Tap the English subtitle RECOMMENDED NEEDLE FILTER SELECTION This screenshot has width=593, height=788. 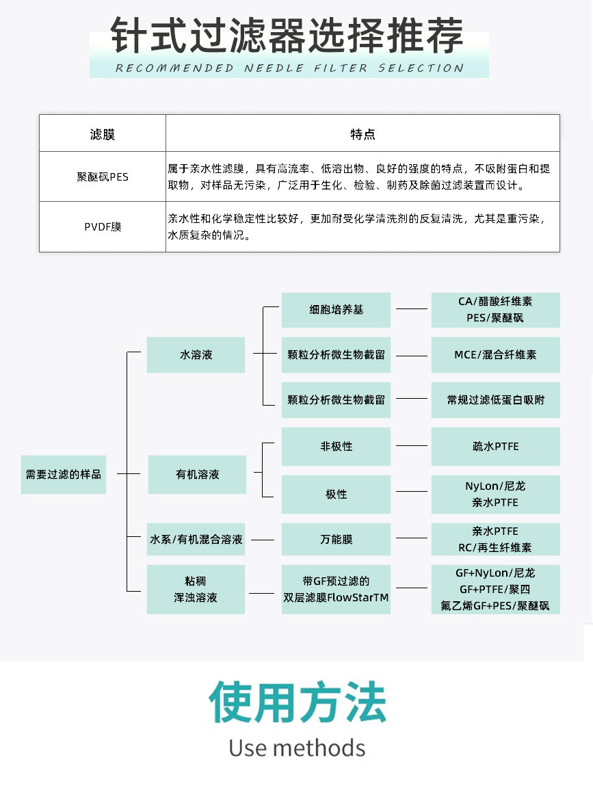point(289,68)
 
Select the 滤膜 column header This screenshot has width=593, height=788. point(103,133)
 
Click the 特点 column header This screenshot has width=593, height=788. point(363,133)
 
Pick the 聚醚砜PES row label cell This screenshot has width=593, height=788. point(103,177)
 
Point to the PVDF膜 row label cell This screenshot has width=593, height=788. point(103,227)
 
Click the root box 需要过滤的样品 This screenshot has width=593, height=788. point(64,475)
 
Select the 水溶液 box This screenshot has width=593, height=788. point(196,355)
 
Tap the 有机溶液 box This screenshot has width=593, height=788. point(197,475)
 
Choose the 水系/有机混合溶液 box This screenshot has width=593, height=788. point(196,539)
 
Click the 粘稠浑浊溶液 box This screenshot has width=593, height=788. point(196,590)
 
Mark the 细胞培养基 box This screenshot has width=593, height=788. point(337,310)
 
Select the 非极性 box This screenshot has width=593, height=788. point(337,446)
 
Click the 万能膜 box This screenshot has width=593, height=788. point(337,539)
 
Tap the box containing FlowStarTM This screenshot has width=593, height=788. point(337,590)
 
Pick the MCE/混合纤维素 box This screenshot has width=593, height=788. point(495,355)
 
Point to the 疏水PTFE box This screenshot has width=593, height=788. point(495,446)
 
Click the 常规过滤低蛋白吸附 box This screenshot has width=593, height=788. point(495,400)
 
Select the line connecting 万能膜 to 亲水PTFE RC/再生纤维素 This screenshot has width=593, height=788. point(412,538)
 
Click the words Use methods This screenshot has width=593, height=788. point(297,748)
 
